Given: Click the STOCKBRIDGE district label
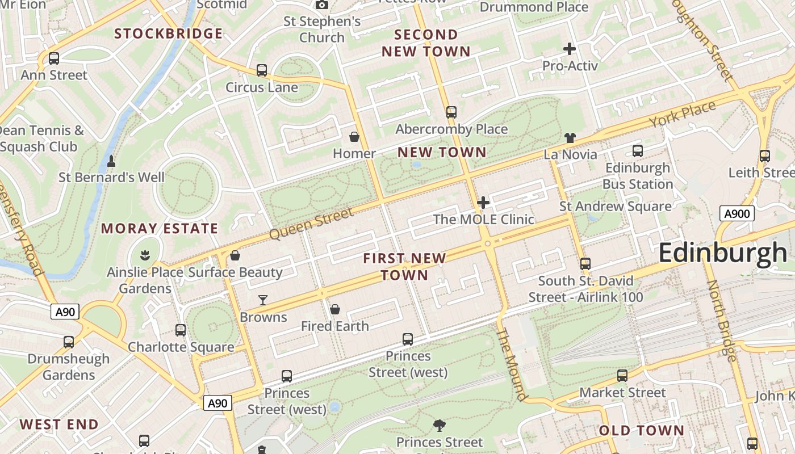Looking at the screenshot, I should pyautogui.click(x=169, y=33).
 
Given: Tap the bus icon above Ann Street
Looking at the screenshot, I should pyautogui.click(x=54, y=58).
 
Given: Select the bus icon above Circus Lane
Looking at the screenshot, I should pyautogui.click(x=262, y=70).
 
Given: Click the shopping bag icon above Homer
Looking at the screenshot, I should pyautogui.click(x=354, y=137).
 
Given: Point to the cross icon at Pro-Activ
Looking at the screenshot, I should pyautogui.click(x=570, y=49).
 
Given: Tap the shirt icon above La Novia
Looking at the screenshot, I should pyautogui.click(x=570, y=137).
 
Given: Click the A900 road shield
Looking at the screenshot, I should pyautogui.click(x=737, y=213).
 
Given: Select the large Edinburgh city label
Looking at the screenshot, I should pyautogui.click(x=723, y=253).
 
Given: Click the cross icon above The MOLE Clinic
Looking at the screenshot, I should pyautogui.click(x=483, y=203).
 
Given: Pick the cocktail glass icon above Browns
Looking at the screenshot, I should pyautogui.click(x=263, y=300).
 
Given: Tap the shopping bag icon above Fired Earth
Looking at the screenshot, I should pyautogui.click(x=335, y=309).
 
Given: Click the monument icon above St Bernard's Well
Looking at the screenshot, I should pyautogui.click(x=111, y=161).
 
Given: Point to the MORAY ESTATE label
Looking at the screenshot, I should pyautogui.click(x=160, y=229).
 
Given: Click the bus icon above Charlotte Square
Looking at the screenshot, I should pyautogui.click(x=181, y=330).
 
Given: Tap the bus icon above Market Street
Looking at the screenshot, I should pyautogui.click(x=622, y=375).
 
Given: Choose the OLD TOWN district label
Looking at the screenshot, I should pyautogui.click(x=642, y=430).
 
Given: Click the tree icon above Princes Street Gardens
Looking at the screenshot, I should pyautogui.click(x=439, y=424).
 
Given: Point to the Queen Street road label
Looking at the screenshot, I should pyautogui.click(x=311, y=223).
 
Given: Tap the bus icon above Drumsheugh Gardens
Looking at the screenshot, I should pyautogui.click(x=69, y=342).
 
